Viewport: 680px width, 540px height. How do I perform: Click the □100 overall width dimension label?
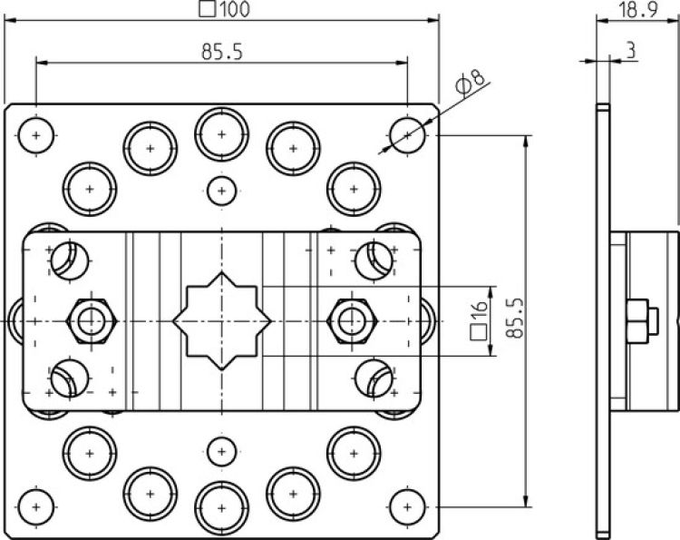coord(222,10)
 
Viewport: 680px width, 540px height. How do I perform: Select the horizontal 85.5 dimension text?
coord(222,52)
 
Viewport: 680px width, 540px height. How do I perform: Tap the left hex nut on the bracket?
coord(91,320)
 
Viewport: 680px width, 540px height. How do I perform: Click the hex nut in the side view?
coord(638,321)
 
